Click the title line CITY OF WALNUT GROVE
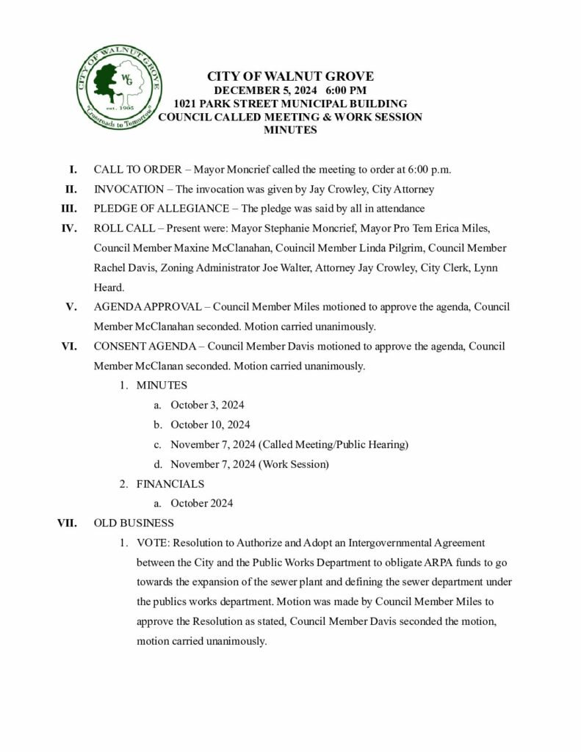(x=290, y=76)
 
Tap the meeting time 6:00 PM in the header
(x=341, y=90)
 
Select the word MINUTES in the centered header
(x=290, y=131)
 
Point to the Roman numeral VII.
(x=67, y=524)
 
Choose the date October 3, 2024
(x=207, y=405)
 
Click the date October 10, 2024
(x=210, y=424)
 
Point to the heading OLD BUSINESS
(x=134, y=524)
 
